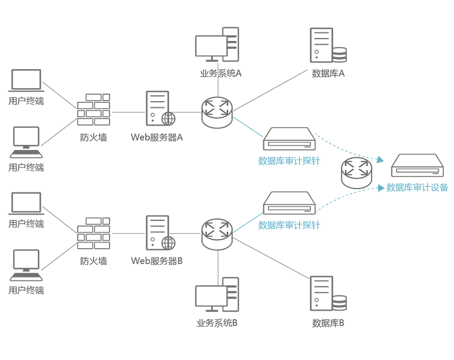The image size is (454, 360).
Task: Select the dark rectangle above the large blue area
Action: click(289, 134)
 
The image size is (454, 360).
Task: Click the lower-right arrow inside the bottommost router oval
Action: click(225, 233)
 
